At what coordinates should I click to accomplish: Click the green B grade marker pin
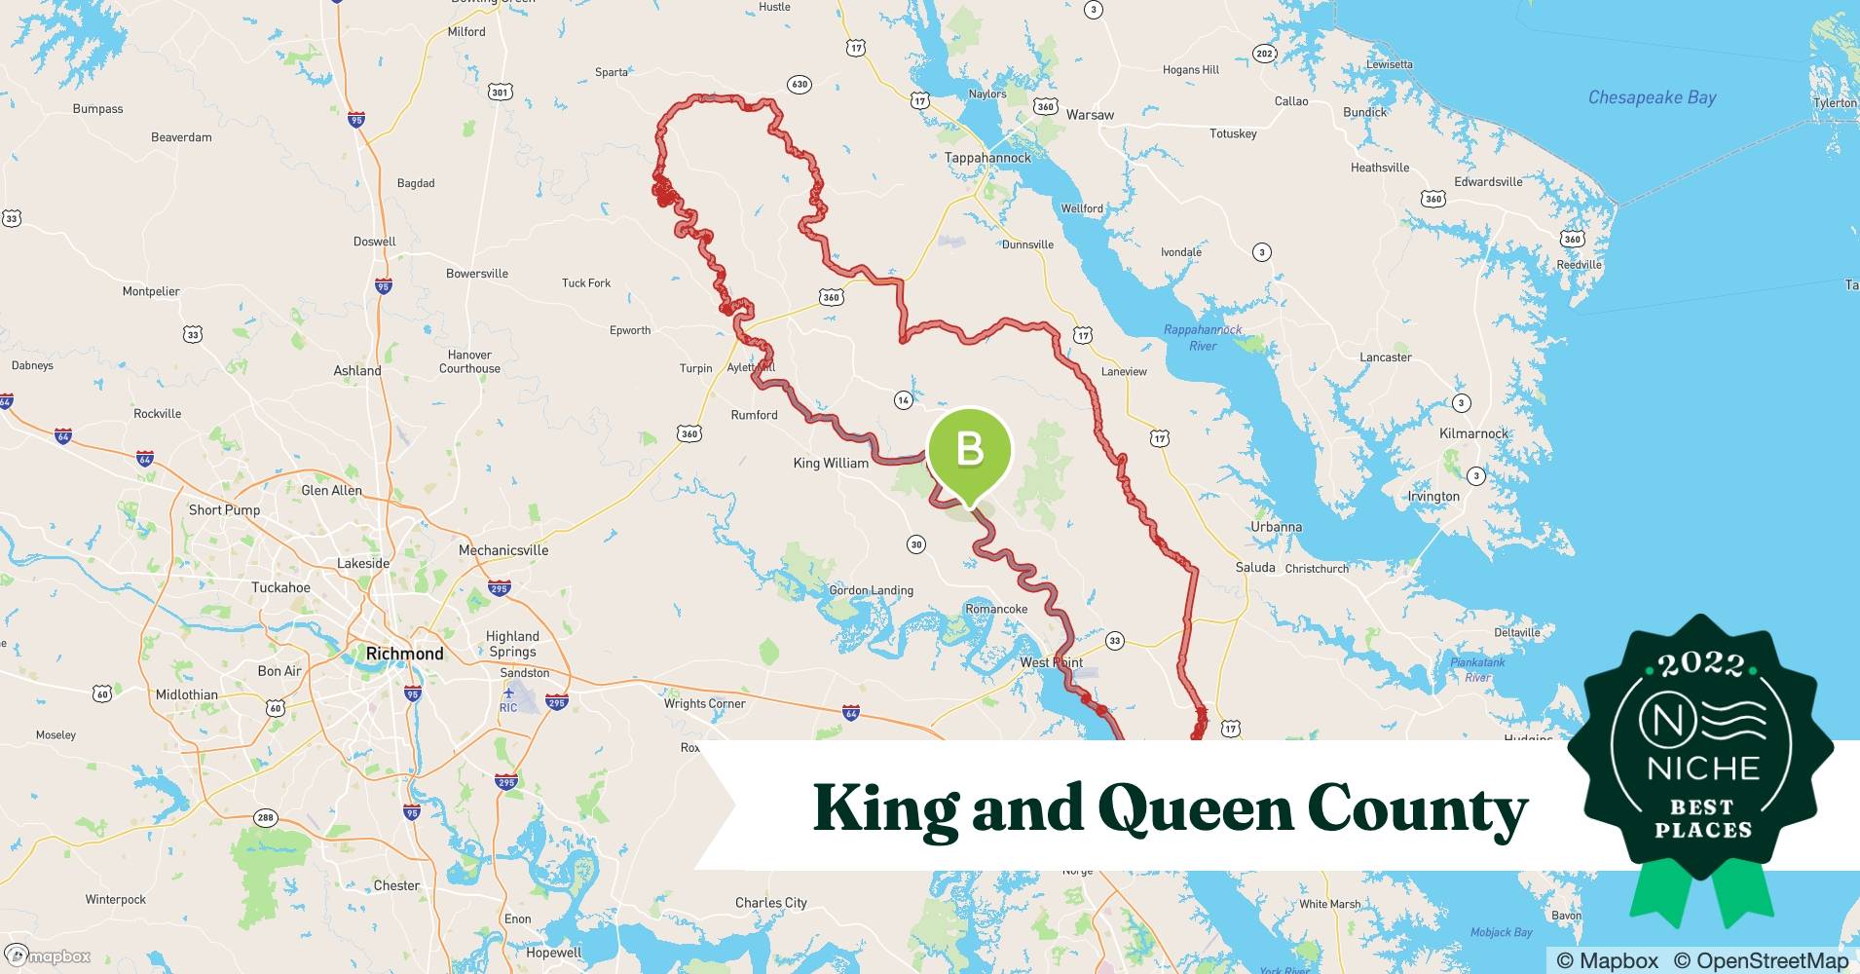(x=969, y=450)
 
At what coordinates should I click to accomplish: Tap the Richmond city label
(x=404, y=654)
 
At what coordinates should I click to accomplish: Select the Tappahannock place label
(x=986, y=157)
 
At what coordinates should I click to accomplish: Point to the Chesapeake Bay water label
(x=1652, y=97)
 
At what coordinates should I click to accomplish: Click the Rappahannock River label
(x=1203, y=338)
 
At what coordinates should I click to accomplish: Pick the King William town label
(x=831, y=463)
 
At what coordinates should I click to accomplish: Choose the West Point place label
(x=1050, y=662)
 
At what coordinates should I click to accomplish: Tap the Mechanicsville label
(x=503, y=550)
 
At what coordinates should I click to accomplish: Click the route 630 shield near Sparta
(x=799, y=85)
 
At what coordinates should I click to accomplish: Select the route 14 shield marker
(x=904, y=400)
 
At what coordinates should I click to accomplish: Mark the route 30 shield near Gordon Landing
(x=915, y=544)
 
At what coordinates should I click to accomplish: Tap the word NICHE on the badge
(x=1702, y=768)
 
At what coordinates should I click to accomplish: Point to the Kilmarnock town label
(x=1473, y=433)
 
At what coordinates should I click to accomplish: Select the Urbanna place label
(x=1276, y=527)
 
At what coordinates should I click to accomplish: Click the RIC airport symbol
(x=508, y=693)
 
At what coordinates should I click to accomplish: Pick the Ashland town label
(x=357, y=371)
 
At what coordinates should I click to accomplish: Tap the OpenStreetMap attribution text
(x=1760, y=960)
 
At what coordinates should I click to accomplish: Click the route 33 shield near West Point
(x=1114, y=641)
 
